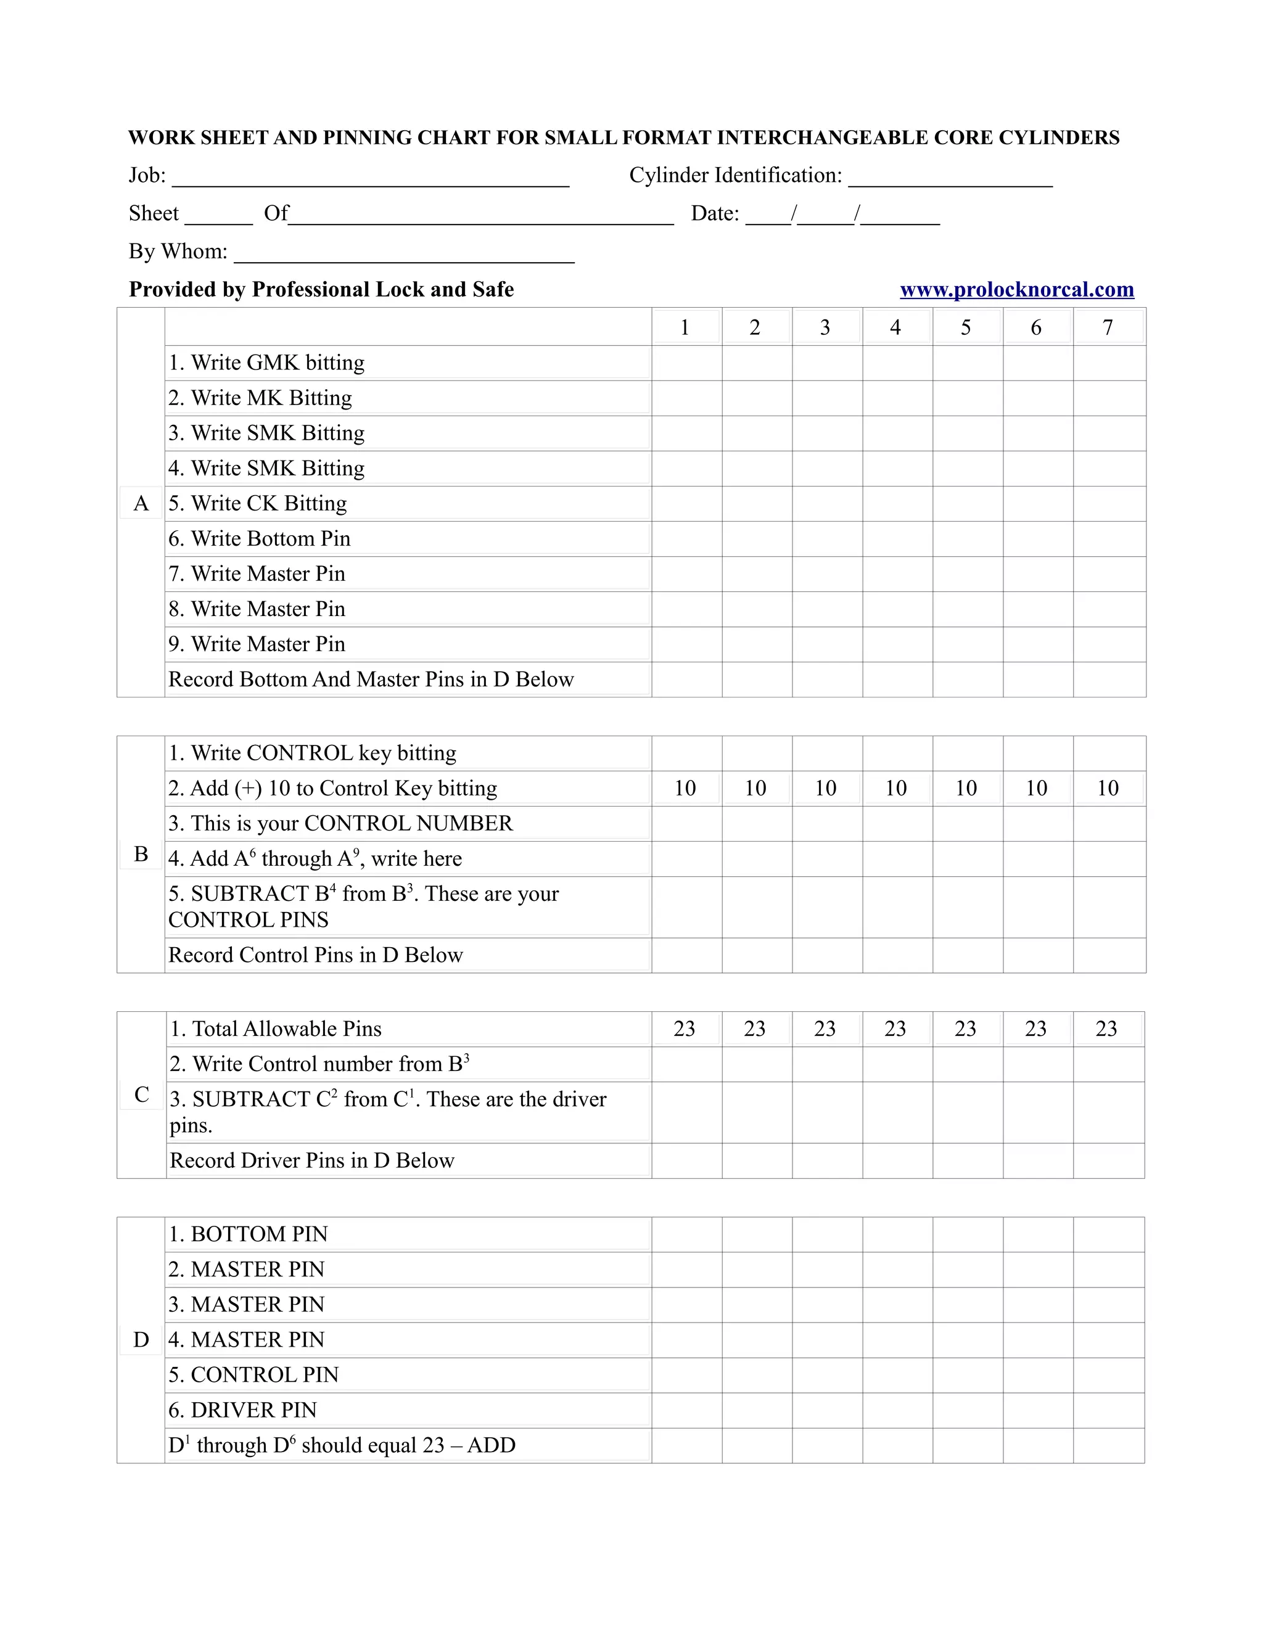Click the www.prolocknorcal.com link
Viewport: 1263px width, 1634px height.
(1016, 290)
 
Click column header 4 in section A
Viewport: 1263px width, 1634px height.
(895, 327)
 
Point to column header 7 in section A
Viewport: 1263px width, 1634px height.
(1108, 327)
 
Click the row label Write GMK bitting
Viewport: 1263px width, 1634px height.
(266, 363)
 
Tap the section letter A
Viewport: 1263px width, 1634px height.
(141, 504)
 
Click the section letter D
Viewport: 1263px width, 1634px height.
(141, 1339)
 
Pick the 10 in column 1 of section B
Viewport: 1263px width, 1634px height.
(685, 788)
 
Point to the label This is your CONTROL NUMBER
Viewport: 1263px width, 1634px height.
(340, 823)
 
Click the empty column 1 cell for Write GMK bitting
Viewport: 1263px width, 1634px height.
(686, 364)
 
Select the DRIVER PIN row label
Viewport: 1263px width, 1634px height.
(242, 1410)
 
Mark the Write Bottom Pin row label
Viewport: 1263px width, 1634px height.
(259, 539)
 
